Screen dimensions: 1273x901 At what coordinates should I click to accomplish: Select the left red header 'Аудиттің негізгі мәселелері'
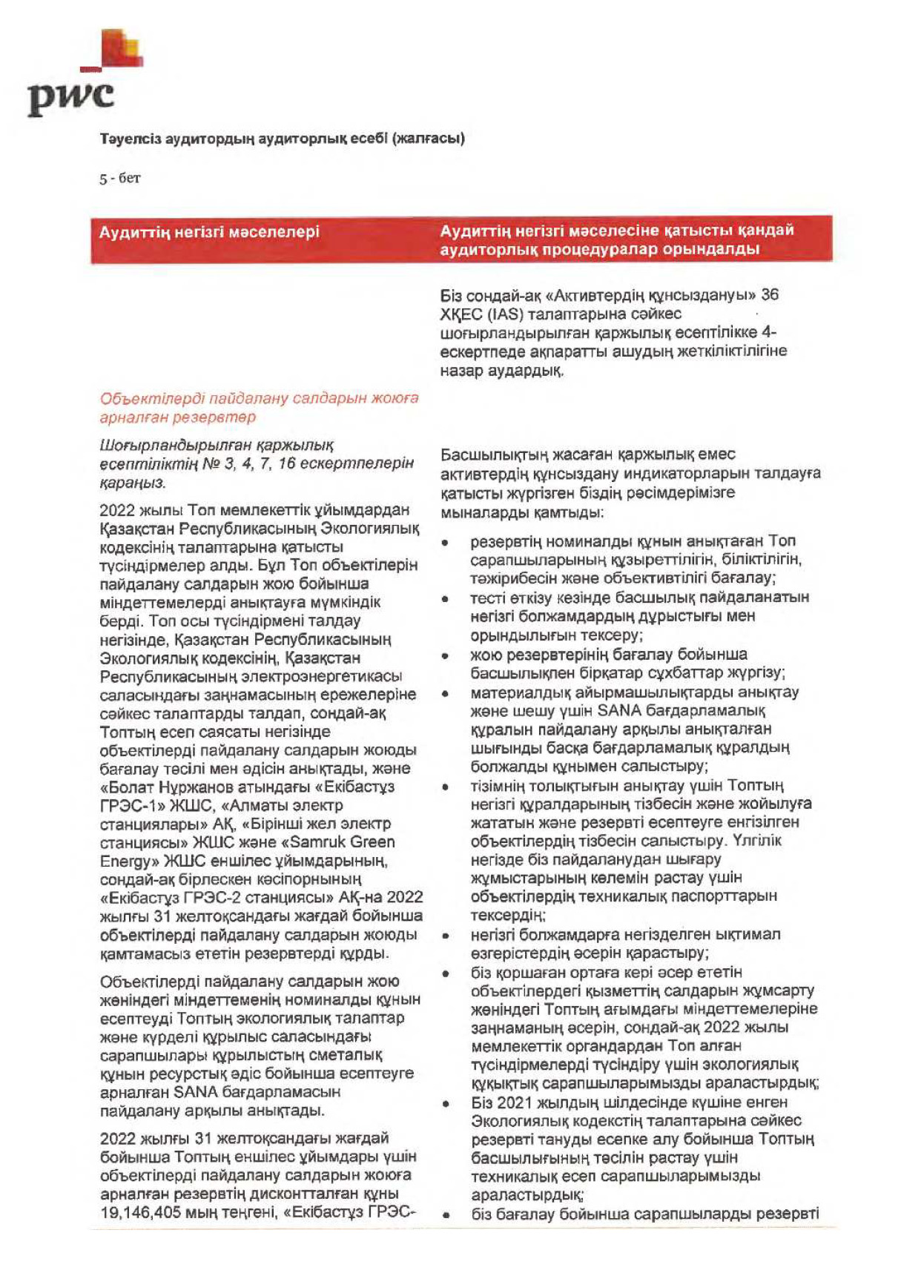(x=209, y=232)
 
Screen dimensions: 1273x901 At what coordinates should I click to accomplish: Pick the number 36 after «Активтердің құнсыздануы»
(x=769, y=295)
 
